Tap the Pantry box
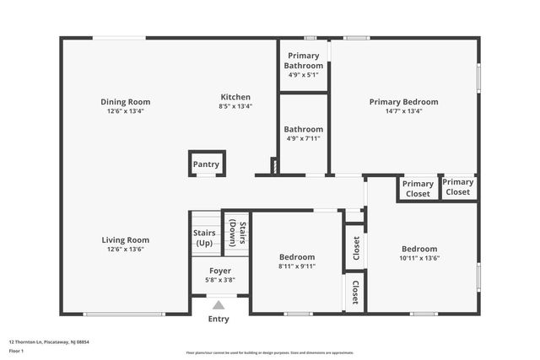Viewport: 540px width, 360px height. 206,164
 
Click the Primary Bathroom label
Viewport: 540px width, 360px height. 303,61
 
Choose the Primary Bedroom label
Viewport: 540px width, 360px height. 403,102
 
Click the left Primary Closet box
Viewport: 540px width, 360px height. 418,188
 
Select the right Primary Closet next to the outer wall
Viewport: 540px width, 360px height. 458,186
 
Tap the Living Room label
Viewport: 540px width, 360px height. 126,239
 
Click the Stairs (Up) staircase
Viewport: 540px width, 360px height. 204,233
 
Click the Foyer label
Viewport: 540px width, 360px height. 219,271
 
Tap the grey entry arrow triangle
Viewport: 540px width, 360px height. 219,305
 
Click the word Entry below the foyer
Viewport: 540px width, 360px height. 219,320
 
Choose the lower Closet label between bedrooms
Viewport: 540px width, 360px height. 355,293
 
